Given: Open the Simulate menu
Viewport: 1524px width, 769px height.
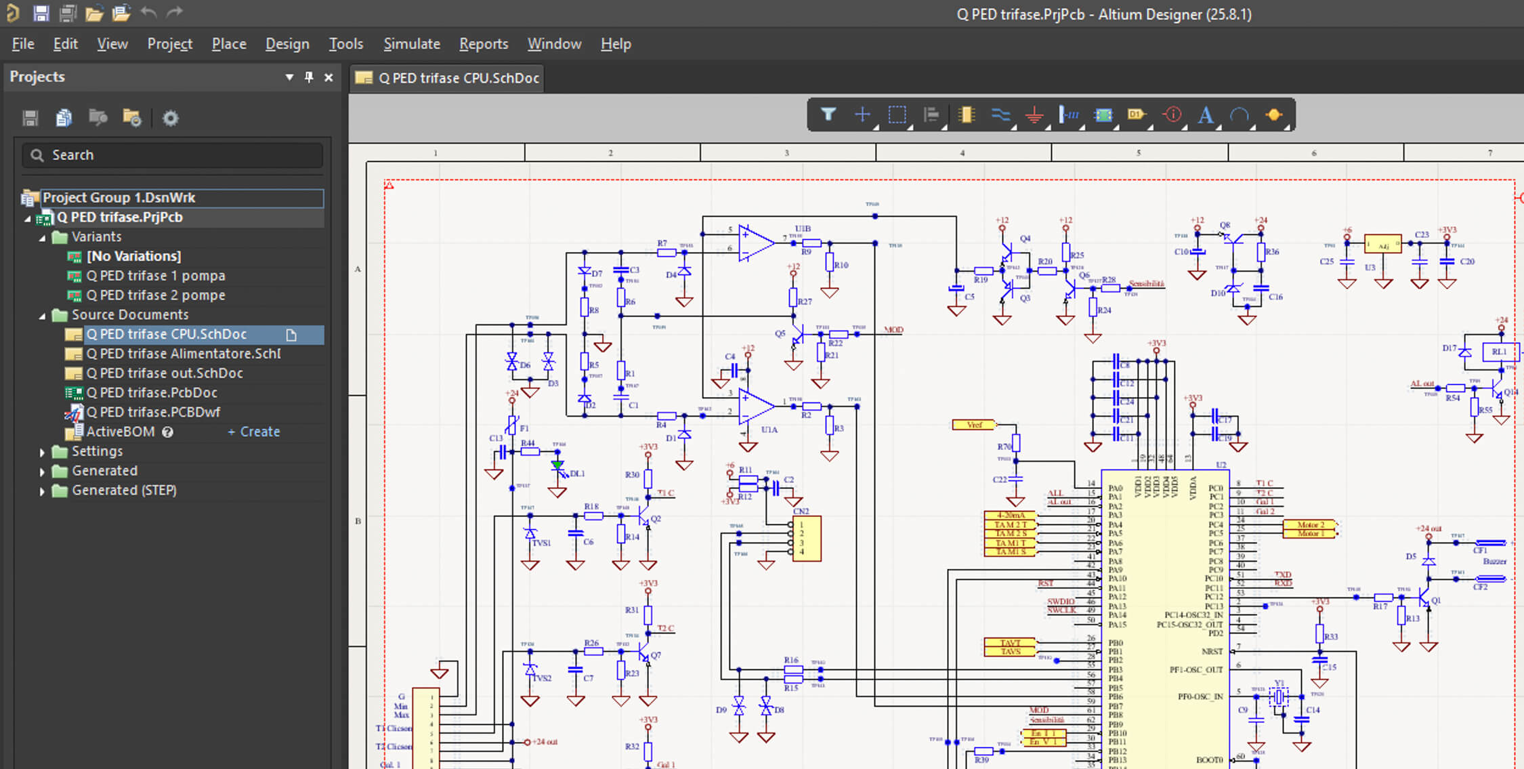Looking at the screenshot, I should pos(411,44).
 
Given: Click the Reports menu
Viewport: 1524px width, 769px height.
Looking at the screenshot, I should pos(483,44).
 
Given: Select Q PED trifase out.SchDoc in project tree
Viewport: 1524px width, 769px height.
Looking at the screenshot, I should pos(164,373).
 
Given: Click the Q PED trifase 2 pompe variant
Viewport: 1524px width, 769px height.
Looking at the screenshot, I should pos(155,295).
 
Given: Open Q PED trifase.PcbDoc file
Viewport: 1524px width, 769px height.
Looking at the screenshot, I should pos(151,393).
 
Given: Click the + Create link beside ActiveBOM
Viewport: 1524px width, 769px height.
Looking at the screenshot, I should pos(253,432).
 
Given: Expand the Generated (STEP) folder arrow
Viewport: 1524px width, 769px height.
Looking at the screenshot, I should pos(42,491).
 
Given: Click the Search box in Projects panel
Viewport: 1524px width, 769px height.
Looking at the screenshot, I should pos(173,155).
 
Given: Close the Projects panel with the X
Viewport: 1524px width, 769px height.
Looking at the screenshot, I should pos(329,77).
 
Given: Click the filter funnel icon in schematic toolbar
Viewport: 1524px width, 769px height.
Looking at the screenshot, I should pos(828,115).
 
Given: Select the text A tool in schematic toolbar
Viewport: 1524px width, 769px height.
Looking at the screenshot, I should pos(1205,115).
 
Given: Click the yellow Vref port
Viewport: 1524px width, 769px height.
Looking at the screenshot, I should pos(974,425).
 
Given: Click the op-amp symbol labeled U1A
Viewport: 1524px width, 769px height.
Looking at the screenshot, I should pos(756,407).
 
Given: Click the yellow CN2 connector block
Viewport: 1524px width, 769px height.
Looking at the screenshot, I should pos(807,538).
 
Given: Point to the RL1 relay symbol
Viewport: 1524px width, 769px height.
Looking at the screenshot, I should pos(1499,352).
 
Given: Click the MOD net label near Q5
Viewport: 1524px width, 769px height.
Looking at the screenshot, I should pos(893,330).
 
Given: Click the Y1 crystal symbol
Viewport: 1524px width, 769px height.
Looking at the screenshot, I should pos(1279,696).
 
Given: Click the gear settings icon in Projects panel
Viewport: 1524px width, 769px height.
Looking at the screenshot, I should pos(170,119).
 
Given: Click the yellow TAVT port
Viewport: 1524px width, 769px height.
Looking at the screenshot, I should pos(1009,642).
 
